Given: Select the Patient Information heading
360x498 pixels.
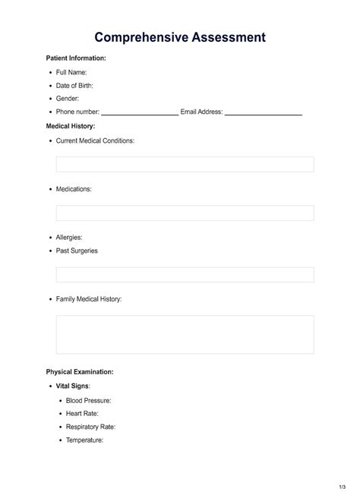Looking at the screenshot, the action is pos(76,58).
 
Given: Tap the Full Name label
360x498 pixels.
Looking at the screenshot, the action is pos(71,71).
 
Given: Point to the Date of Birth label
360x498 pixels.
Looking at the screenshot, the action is pos(74,85).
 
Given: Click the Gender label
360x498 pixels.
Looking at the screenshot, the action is pos(68,99).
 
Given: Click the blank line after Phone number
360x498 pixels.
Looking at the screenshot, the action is pos(140,113).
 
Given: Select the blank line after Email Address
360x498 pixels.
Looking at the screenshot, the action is pos(264,113).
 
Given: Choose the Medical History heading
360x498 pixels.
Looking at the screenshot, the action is pos(71,126).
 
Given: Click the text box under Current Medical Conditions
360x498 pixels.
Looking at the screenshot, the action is pos(185,164).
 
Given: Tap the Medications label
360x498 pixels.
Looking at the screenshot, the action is pos(74,189).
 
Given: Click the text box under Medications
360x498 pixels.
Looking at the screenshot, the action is pos(185,213).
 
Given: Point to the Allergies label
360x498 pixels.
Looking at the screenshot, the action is pos(69,237).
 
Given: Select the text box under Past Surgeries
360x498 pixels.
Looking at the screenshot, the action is pos(185,275).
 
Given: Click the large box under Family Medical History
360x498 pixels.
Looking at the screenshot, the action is pos(185,335).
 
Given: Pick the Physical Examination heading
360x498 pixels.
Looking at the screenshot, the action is pos(80,372).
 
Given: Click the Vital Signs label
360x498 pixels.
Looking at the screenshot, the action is pos(73,386).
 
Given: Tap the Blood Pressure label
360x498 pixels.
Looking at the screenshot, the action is pos(88,399).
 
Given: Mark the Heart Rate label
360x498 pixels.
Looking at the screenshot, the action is pos(83,413).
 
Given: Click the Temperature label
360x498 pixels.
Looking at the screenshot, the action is pos(84,440).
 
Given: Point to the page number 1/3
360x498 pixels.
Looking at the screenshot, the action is pos(343,485).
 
